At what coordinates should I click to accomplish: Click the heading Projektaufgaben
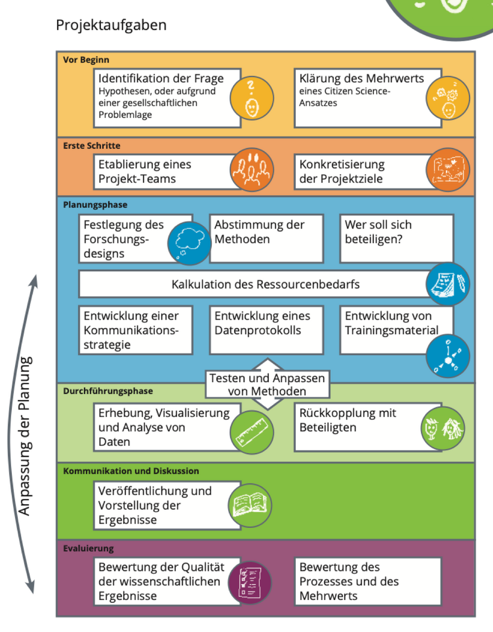click(x=111, y=25)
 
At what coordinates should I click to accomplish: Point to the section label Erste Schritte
click(x=91, y=146)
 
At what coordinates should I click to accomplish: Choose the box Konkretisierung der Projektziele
click(x=361, y=171)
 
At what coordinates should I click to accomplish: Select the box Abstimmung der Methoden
click(x=266, y=238)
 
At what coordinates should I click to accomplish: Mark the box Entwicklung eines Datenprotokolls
click(x=266, y=329)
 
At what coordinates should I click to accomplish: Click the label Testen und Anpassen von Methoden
click(x=266, y=385)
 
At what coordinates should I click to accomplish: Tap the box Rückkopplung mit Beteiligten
click(x=359, y=427)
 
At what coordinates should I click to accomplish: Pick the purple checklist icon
click(x=250, y=583)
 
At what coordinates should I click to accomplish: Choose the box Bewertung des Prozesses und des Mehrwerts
click(x=367, y=581)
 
